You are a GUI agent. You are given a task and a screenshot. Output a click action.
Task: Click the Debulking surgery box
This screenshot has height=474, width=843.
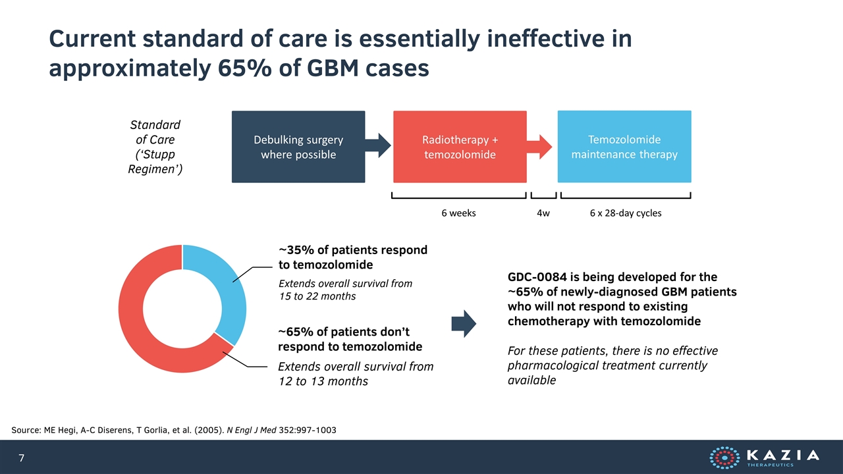pyautogui.click(x=298, y=147)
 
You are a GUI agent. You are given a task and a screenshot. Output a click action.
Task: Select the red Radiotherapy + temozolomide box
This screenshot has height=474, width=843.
pyautogui.click(x=460, y=147)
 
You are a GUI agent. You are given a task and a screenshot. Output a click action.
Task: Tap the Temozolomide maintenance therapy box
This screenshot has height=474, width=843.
pyautogui.click(x=624, y=147)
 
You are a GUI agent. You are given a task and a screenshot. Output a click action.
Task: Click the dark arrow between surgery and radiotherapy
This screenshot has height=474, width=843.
pyautogui.click(x=378, y=145)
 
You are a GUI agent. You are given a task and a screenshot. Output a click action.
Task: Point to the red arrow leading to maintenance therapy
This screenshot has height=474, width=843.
pyautogui.click(x=539, y=147)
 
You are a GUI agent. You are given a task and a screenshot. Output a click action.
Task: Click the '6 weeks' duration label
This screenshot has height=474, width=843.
pyautogui.click(x=458, y=213)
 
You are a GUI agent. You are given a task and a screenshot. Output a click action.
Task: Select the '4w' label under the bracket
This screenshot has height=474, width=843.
pyautogui.click(x=543, y=213)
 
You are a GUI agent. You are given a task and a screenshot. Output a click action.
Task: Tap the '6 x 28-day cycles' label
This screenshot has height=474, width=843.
pyautogui.click(x=626, y=213)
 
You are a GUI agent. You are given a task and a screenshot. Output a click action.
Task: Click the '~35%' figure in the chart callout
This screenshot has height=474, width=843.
pyautogui.click(x=296, y=250)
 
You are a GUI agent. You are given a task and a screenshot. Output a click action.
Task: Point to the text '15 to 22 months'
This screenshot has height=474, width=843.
pyautogui.click(x=317, y=296)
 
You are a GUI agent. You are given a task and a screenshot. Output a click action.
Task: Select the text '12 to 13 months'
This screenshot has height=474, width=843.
pyautogui.click(x=323, y=381)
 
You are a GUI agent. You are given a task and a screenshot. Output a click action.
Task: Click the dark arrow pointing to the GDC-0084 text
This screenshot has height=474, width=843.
pyautogui.click(x=464, y=323)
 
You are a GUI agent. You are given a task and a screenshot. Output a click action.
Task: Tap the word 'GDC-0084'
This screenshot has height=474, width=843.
pyautogui.click(x=537, y=277)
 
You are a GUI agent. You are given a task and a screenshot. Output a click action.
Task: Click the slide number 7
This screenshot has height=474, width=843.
pyautogui.click(x=22, y=458)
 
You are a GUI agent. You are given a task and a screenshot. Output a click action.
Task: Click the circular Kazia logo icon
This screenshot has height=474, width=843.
pyautogui.click(x=724, y=458)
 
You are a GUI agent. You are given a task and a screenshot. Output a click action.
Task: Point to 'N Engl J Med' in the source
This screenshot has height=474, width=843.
pyautogui.click(x=252, y=430)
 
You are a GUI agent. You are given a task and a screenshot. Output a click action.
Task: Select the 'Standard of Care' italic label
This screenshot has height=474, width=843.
pyautogui.click(x=155, y=132)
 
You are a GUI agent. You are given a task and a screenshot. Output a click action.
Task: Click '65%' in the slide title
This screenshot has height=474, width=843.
pyautogui.click(x=244, y=68)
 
